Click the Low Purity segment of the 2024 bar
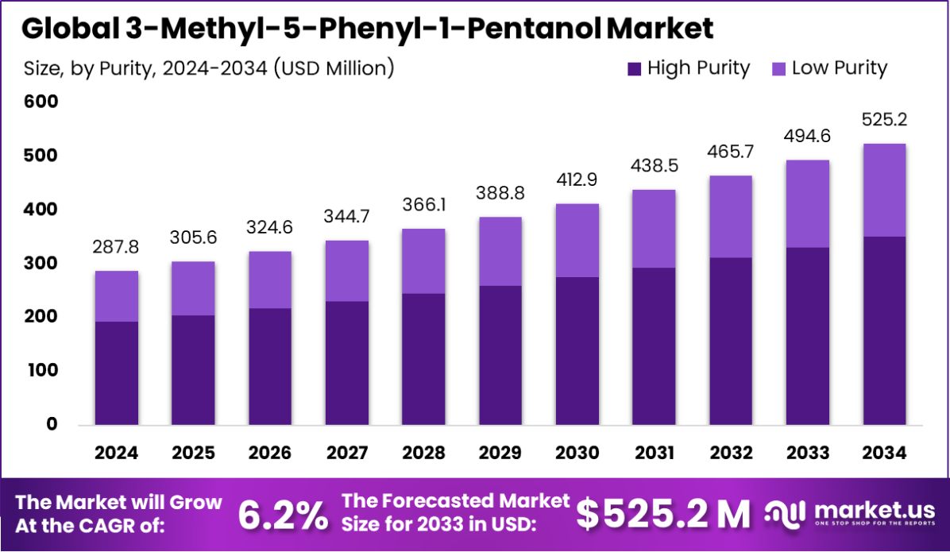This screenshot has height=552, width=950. coord(116,296)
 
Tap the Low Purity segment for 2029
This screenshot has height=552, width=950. coord(500,251)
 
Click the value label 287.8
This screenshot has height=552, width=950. coord(116,248)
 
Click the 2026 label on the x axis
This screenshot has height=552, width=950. coord(270,453)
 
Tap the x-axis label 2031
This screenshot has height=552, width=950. coord(655,453)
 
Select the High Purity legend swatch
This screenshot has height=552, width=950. coord(634,69)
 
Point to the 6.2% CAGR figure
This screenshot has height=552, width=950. coord(282,515)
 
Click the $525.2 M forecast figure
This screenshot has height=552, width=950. coord(662,515)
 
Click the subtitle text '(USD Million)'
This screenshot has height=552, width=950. coord(334,68)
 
